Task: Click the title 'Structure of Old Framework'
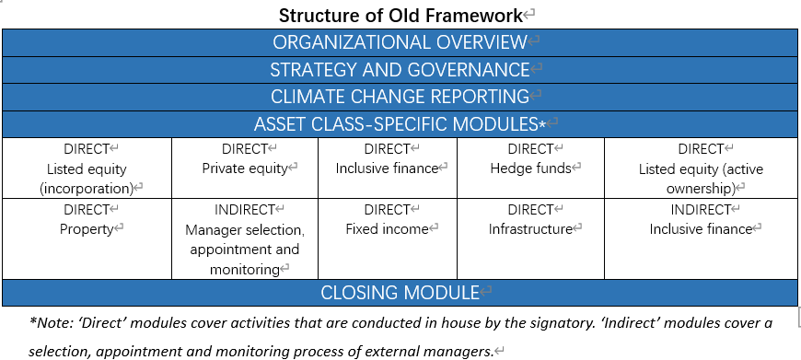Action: click(400, 16)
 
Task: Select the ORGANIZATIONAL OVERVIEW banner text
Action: click(400, 42)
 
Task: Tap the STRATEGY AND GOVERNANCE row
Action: click(400, 69)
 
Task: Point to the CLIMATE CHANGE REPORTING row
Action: click(400, 97)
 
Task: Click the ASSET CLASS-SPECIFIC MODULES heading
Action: click(400, 124)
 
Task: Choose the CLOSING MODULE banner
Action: click(400, 293)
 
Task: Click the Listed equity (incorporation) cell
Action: click(87, 168)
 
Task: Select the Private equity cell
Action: click(245, 168)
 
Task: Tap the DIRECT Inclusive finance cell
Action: click(388, 168)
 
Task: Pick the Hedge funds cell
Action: click(530, 168)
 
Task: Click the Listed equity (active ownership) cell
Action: click(701, 168)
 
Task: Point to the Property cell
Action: click(87, 239)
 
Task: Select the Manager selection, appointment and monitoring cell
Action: click(245, 239)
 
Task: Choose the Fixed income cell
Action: click(388, 239)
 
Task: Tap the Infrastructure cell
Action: click(530, 239)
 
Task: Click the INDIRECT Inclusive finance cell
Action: click(701, 239)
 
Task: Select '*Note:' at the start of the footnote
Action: click(50, 323)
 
